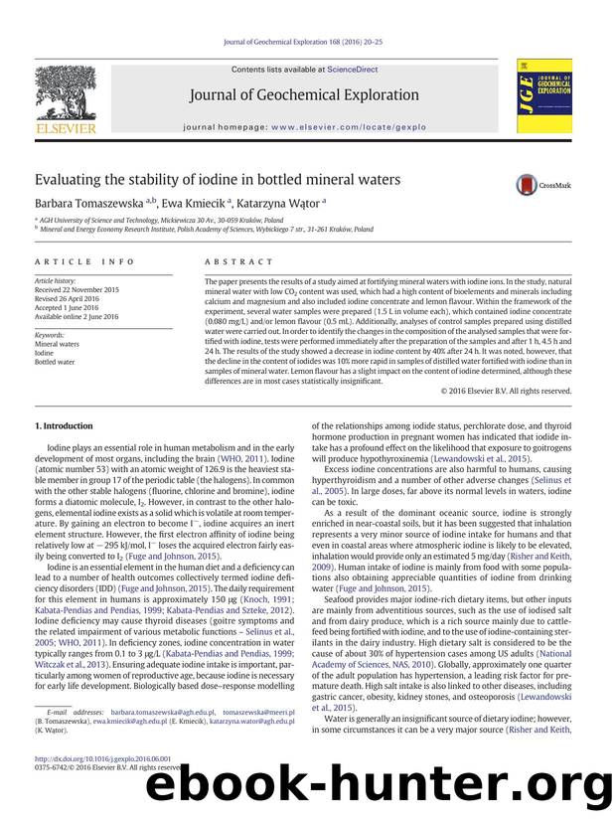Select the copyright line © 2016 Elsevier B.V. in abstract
(507, 391)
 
